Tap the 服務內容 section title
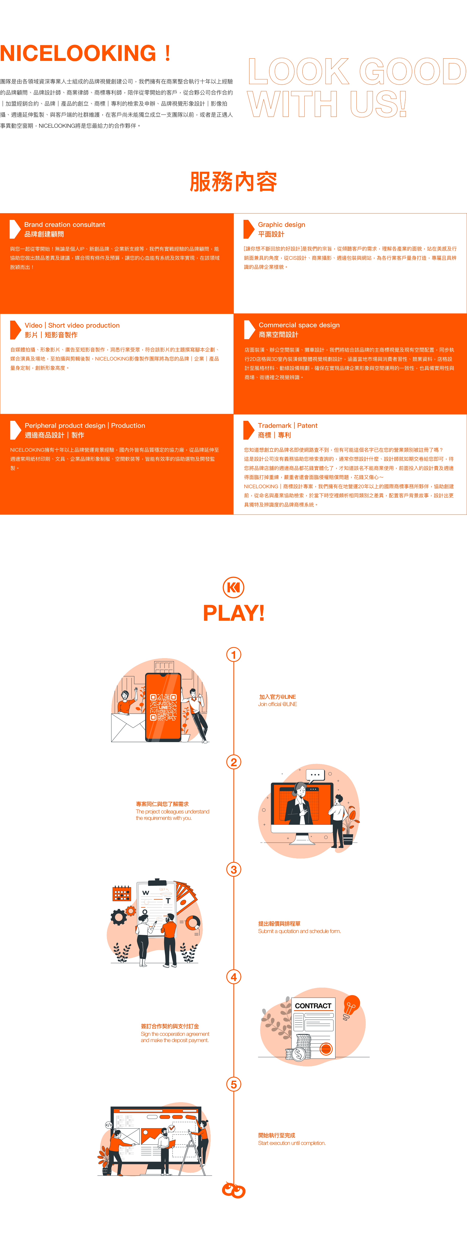pos(233,182)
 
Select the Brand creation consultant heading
pos(65,225)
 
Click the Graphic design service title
pos(282,225)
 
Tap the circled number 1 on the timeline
pos(234,654)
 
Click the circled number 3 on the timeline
pos(234,869)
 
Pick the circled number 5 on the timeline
pos(234,1084)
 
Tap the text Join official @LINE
pos(277,704)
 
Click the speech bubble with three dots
pos(315,774)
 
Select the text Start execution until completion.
pos(292,1143)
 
